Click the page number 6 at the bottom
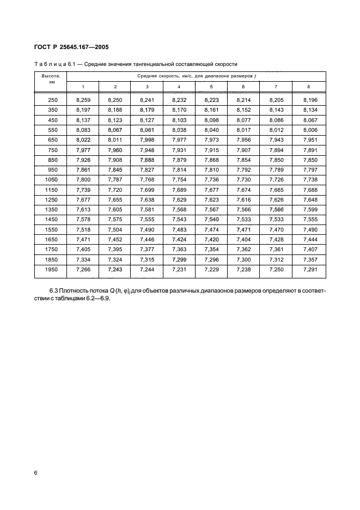click(x=36, y=473)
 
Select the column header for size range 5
click(x=211, y=87)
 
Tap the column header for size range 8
click(x=308, y=87)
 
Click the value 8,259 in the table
click(x=83, y=100)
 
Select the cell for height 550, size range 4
click(x=179, y=130)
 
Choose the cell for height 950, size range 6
click(x=243, y=169)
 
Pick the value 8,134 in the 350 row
click(x=308, y=110)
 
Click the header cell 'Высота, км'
click(x=51, y=79)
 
